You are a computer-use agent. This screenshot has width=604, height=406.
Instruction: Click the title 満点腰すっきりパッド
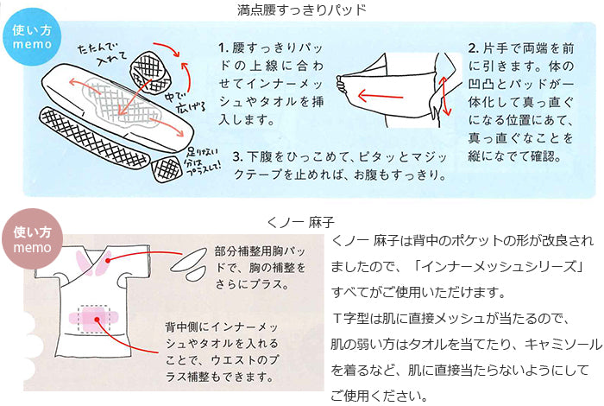302,10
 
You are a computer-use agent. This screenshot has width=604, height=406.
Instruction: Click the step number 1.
223,48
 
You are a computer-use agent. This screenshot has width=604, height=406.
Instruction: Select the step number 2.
474,48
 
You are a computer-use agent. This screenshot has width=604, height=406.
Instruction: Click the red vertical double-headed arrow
444,97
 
